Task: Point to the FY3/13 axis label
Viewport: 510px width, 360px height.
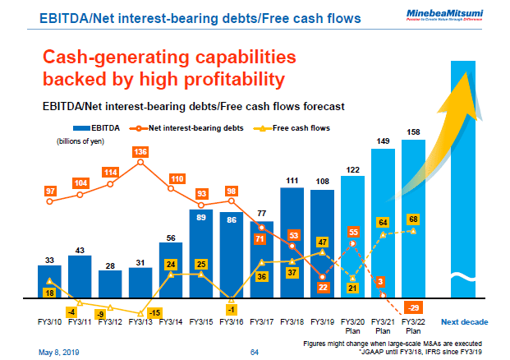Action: (x=140, y=321)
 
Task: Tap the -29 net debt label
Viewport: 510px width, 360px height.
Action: (x=414, y=306)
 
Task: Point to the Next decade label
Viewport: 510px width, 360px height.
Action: (x=465, y=321)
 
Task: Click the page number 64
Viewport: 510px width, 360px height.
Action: (x=255, y=352)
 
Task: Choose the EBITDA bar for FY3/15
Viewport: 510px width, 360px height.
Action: (x=201, y=255)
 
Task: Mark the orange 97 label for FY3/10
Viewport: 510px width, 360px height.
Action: (x=50, y=191)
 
